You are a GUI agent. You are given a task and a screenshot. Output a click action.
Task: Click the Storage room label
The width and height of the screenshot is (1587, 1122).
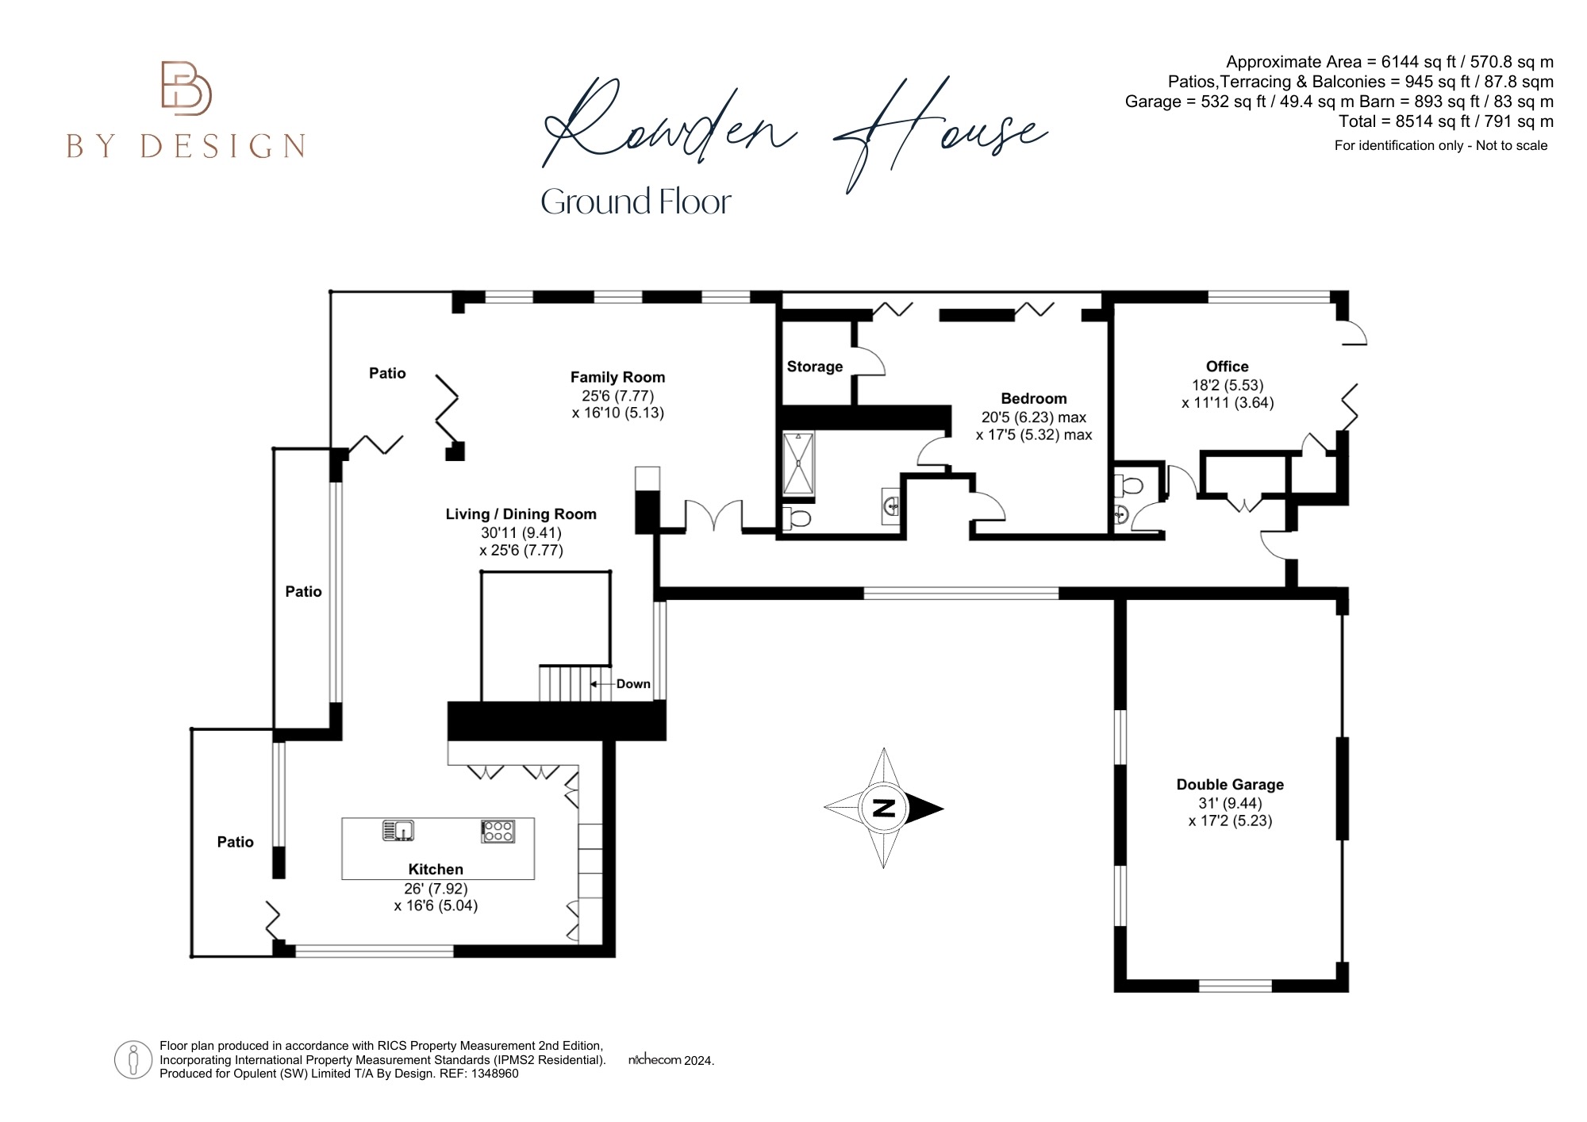point(814,367)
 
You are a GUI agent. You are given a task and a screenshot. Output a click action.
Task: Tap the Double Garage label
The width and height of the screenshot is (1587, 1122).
point(1229,785)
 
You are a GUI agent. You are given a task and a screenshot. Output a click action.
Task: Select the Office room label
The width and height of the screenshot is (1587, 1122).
point(1227,367)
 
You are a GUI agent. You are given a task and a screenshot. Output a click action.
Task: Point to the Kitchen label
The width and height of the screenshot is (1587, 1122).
point(436,870)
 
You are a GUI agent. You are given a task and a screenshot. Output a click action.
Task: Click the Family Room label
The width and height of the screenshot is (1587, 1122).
point(617,378)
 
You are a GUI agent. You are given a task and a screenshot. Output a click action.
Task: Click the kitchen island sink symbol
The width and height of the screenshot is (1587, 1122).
point(399,830)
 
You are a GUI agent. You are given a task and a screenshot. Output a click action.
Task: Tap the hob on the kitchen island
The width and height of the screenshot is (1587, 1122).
point(498,831)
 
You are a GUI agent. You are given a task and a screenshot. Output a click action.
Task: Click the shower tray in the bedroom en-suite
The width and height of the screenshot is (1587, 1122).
point(797,463)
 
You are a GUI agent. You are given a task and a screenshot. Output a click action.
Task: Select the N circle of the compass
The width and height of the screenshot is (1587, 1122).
point(883,809)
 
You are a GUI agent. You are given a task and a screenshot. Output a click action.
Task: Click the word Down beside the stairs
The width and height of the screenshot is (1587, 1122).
point(633,684)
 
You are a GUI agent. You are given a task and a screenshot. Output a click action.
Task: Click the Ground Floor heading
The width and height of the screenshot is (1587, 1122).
point(636,202)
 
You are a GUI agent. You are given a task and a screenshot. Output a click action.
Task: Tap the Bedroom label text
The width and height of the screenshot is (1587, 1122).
point(1033,399)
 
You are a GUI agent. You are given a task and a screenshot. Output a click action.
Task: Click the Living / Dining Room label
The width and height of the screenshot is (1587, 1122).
point(521,514)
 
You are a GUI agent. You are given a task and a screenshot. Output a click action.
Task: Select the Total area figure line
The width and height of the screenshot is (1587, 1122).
point(1446,121)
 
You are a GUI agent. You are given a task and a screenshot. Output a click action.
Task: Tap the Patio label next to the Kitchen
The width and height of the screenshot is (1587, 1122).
point(235,842)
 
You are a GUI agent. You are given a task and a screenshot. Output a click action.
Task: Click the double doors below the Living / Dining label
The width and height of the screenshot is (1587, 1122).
point(713,516)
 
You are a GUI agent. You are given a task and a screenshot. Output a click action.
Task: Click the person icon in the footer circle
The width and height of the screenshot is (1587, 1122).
point(133,1059)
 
